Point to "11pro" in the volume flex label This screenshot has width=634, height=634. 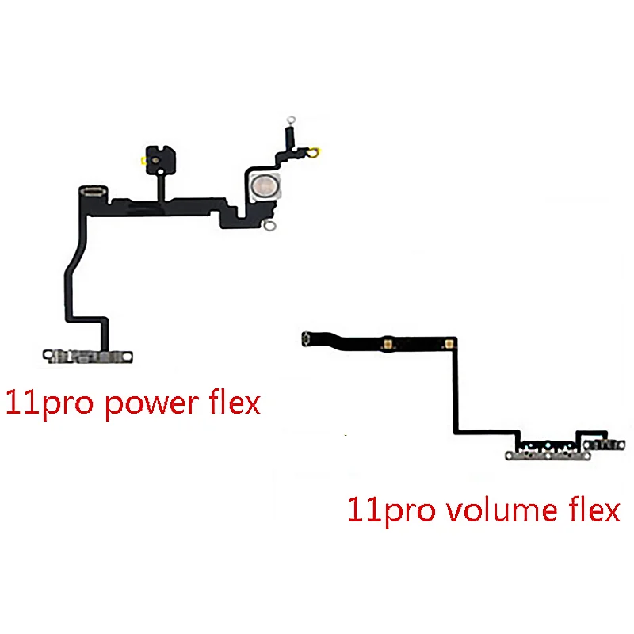point(389,509)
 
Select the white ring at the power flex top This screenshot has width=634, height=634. point(289,117)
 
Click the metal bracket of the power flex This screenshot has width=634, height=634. point(87,357)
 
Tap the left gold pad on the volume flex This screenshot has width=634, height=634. point(389,343)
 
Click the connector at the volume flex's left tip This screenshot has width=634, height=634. point(306,342)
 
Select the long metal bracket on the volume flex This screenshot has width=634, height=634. point(547,455)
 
